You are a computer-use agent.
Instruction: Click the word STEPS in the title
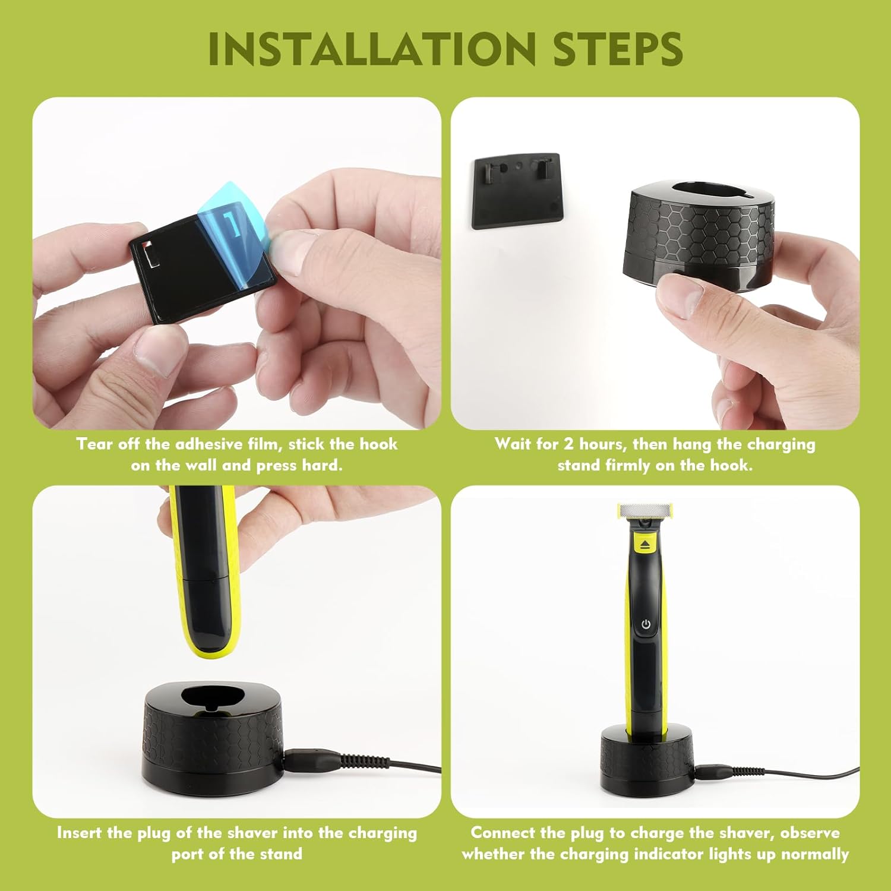pyautogui.click(x=618, y=49)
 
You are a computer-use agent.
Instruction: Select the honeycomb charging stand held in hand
pyautogui.click(x=701, y=238)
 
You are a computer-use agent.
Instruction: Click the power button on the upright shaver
pyautogui.click(x=646, y=624)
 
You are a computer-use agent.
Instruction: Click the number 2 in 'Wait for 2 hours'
pyautogui.click(x=568, y=444)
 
